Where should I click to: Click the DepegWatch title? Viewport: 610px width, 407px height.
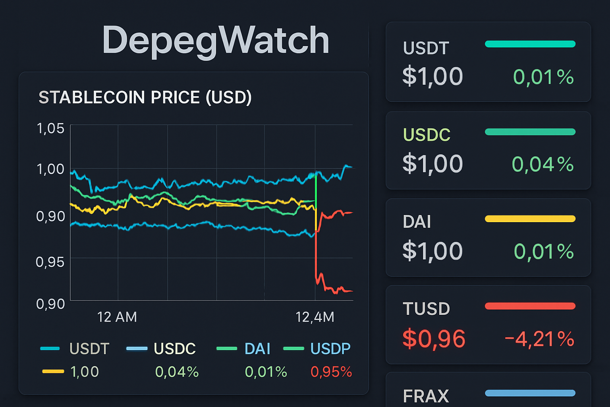pyautogui.click(x=216, y=40)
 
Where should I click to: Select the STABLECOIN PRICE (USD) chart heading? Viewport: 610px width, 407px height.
pyautogui.click(x=145, y=97)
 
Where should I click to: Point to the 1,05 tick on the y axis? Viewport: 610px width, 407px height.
pyautogui.click(x=50, y=128)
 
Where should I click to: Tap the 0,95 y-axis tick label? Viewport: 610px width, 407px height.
pyautogui.click(x=50, y=262)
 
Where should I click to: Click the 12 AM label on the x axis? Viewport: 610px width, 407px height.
pyautogui.click(x=117, y=317)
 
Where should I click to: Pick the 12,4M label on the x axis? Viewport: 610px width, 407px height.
pyautogui.click(x=315, y=317)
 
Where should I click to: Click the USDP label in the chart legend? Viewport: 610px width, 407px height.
pyautogui.click(x=330, y=349)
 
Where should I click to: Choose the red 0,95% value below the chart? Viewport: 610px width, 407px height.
pyautogui.click(x=331, y=372)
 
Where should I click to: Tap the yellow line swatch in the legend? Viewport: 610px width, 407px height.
pyautogui.click(x=53, y=372)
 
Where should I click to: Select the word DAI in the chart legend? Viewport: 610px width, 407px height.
pyautogui.click(x=257, y=349)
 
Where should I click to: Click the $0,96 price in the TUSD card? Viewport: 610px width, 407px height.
pyautogui.click(x=434, y=339)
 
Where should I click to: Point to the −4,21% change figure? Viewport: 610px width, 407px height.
pyautogui.click(x=539, y=339)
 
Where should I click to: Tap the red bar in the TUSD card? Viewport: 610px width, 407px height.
pyautogui.click(x=530, y=306)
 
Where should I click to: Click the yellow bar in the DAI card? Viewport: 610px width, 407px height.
pyautogui.click(x=530, y=219)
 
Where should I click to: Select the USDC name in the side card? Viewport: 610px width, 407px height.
pyautogui.click(x=427, y=135)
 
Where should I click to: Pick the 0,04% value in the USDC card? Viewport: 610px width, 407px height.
pyautogui.click(x=542, y=164)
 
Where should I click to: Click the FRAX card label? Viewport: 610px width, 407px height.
pyautogui.click(x=426, y=396)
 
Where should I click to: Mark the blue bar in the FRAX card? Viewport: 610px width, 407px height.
pyautogui.click(x=530, y=393)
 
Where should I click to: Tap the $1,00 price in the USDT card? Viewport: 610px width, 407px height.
pyautogui.click(x=432, y=76)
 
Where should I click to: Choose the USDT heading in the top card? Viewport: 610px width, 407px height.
pyautogui.click(x=426, y=48)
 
